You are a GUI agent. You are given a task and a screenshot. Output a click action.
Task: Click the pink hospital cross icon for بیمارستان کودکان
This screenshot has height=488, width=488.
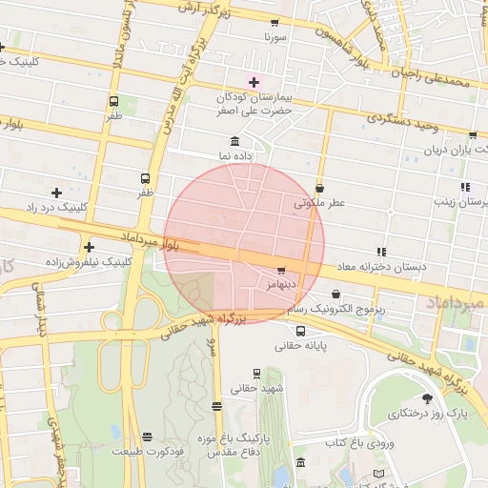(254, 83)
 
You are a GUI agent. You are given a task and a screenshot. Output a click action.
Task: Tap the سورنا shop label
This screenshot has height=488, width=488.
(275, 37)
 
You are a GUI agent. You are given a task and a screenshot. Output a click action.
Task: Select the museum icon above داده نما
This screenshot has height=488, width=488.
(234, 141)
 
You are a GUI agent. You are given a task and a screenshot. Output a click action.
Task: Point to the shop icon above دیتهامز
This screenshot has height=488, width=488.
(280, 271)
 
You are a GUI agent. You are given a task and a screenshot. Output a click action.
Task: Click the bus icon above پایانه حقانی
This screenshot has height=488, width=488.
(301, 332)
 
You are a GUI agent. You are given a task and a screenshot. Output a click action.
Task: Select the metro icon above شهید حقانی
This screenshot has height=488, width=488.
(256, 374)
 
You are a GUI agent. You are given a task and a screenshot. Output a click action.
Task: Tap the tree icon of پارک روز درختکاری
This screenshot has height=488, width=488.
(426, 399)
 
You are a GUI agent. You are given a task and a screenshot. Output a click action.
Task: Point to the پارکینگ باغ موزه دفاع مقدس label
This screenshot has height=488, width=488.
(234, 444)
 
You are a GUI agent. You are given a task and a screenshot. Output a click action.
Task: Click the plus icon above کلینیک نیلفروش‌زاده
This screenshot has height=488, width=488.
(89, 246)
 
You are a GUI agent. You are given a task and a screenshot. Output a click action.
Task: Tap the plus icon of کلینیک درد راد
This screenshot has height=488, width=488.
(56, 193)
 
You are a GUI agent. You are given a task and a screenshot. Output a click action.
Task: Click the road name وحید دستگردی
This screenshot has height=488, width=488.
(401, 120)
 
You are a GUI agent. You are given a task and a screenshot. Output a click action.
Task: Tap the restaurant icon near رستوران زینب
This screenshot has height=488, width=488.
(465, 188)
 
